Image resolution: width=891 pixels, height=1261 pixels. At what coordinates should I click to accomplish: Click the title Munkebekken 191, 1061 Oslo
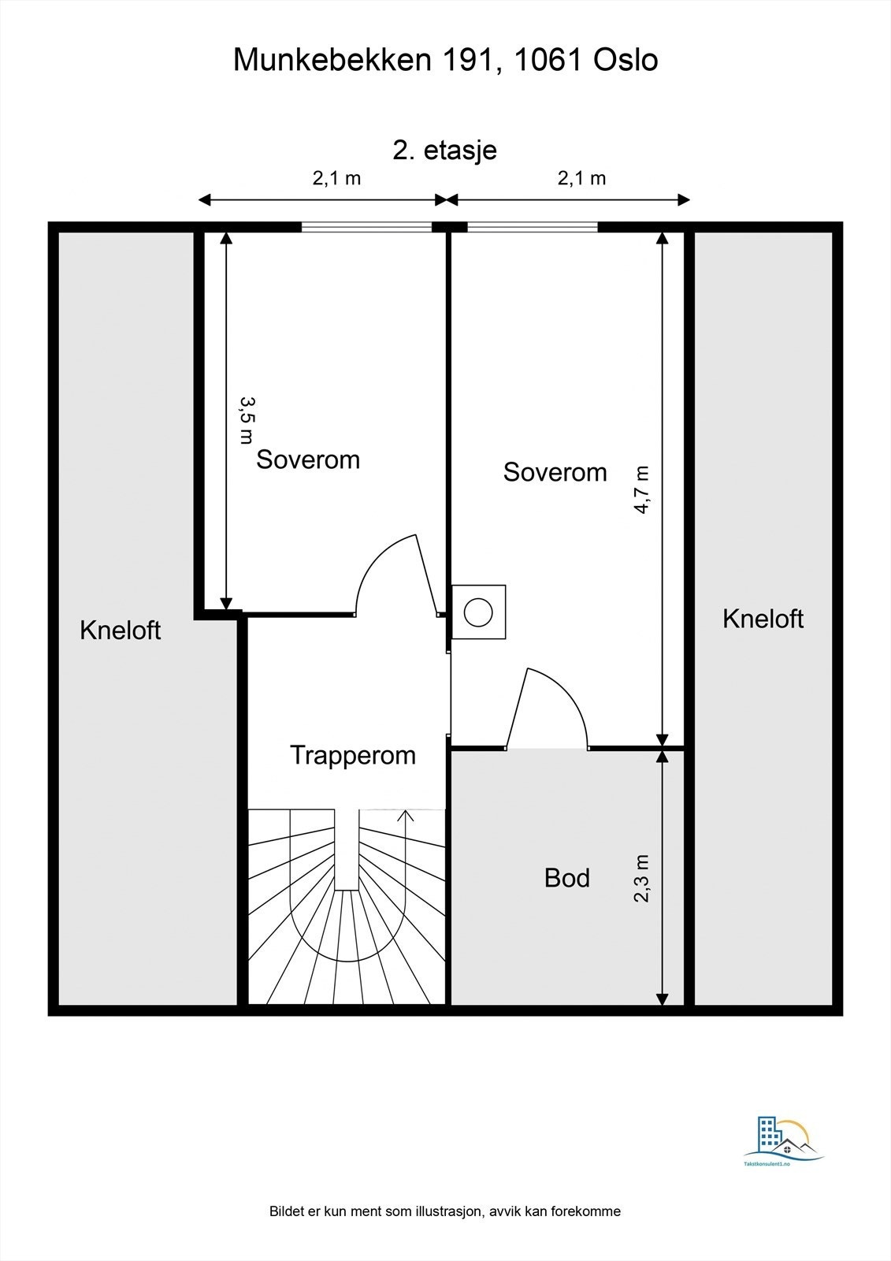pos(445,60)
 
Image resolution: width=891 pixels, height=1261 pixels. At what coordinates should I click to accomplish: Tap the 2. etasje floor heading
pos(445,150)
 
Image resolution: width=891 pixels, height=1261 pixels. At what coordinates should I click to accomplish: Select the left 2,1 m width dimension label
pos(336,178)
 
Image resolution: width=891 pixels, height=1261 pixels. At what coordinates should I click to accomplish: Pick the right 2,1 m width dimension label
pos(581,178)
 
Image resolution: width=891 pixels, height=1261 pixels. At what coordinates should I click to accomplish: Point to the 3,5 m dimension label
pos(247,420)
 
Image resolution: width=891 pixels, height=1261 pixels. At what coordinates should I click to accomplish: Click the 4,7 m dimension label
pos(642,489)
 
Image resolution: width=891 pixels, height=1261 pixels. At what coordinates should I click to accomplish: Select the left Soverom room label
pos(308,459)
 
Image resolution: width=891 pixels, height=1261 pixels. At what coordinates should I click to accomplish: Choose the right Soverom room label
pos(555,472)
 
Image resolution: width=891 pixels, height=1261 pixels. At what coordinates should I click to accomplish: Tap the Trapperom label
pos(353,755)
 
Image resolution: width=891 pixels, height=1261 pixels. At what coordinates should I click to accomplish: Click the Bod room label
pos(567,878)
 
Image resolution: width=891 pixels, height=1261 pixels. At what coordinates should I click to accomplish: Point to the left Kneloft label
pos(121,630)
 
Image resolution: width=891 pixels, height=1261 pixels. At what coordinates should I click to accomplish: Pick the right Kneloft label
pos(763,619)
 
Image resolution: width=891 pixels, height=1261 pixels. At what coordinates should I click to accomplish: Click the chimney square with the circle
pos(478,612)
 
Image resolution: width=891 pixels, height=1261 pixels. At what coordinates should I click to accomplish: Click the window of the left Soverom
pos(367,227)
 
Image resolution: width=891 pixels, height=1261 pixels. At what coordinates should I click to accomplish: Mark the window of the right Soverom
pos(533,227)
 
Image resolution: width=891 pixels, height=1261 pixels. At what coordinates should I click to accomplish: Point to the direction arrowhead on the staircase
pos(407,815)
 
